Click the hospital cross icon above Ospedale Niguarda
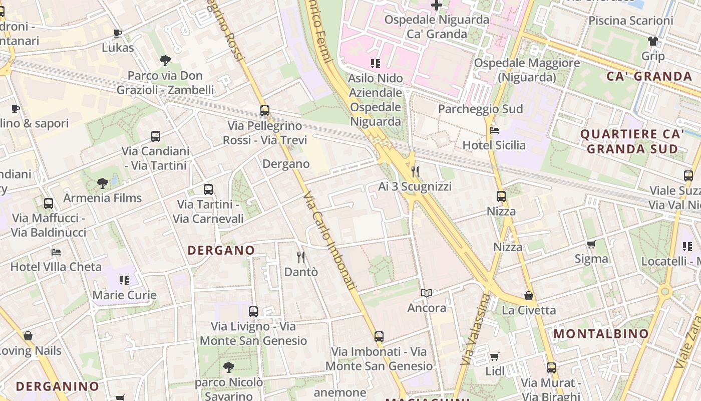coord(437,6)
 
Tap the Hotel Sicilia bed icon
coord(494,130)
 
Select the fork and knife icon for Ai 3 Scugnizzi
coord(415,172)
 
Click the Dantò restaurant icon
coord(301,257)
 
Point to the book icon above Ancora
coord(427,293)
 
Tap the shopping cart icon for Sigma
coord(591,245)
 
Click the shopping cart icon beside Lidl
coord(495,356)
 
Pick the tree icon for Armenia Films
coord(103,183)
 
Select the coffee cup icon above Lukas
coord(118,33)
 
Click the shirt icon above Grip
coord(653,41)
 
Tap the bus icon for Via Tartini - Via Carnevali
coord(208,189)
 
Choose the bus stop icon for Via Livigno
coord(253,311)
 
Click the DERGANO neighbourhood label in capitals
coord(221,250)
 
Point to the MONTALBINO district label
coord(601,334)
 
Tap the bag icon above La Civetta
coord(529,296)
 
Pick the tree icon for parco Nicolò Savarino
coord(229,367)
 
